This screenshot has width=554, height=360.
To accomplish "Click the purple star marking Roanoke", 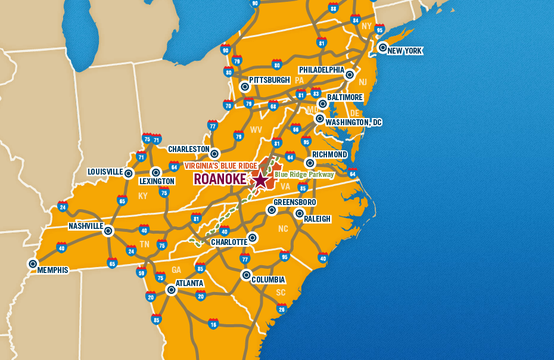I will (x=260, y=179).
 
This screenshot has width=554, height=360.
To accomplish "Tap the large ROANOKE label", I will (x=220, y=179).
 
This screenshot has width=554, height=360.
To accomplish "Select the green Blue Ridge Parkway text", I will (x=304, y=175).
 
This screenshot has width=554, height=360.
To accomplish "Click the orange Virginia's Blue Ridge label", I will (x=220, y=165).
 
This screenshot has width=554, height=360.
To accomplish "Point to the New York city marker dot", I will (x=382, y=48).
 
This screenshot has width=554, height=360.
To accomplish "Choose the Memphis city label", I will (x=52, y=270).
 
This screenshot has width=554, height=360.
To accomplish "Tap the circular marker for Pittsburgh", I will (x=245, y=86).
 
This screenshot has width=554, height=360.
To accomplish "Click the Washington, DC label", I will (x=353, y=122).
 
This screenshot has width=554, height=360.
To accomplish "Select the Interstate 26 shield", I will (x=282, y=308).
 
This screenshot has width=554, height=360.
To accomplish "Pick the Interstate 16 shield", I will (x=213, y=324).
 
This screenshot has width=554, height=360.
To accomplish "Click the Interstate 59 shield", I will (x=141, y=273).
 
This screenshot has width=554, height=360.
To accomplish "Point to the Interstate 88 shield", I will (x=333, y=8).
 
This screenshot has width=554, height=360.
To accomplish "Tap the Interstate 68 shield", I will (x=273, y=106).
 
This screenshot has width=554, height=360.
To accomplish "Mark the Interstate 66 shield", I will (x=295, y=128).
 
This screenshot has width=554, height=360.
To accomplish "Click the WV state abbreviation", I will (x=256, y=129).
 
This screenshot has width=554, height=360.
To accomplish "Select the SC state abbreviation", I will (x=281, y=293).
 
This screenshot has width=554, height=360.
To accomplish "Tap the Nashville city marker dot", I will (x=108, y=231).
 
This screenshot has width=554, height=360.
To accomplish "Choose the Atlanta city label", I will (x=189, y=283).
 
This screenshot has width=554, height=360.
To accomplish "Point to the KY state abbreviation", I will (x=143, y=195).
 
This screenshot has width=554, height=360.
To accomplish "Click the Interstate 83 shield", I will (x=316, y=93).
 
